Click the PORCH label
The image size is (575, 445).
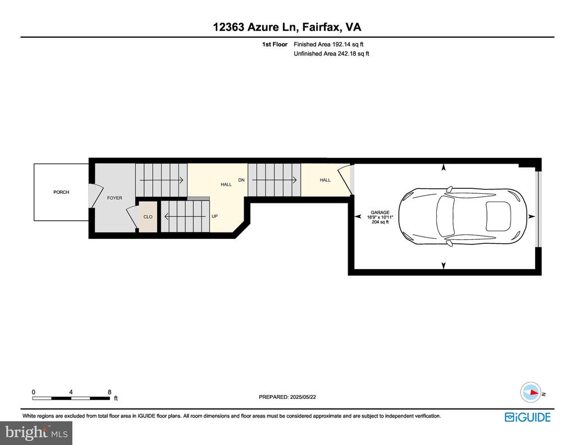(x=61, y=192)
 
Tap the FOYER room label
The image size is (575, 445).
(x=115, y=198)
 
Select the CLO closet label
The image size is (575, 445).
(x=148, y=217)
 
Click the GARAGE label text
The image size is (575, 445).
(x=380, y=212)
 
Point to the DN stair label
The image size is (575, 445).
(x=241, y=180)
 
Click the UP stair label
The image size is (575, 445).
(x=215, y=216)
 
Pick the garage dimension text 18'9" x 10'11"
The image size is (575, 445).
(x=380, y=217)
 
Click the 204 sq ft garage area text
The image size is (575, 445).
(x=380, y=222)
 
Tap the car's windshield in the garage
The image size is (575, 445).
(x=445, y=216)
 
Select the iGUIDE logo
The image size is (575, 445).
(x=527, y=417)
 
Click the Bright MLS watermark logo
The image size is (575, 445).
(x=36, y=433)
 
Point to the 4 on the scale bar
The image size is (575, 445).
(x=71, y=392)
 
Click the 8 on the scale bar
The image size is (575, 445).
(x=109, y=392)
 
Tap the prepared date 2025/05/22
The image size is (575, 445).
(x=303, y=397)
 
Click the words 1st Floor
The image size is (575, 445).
(x=275, y=44)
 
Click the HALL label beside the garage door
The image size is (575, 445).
(x=325, y=180)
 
